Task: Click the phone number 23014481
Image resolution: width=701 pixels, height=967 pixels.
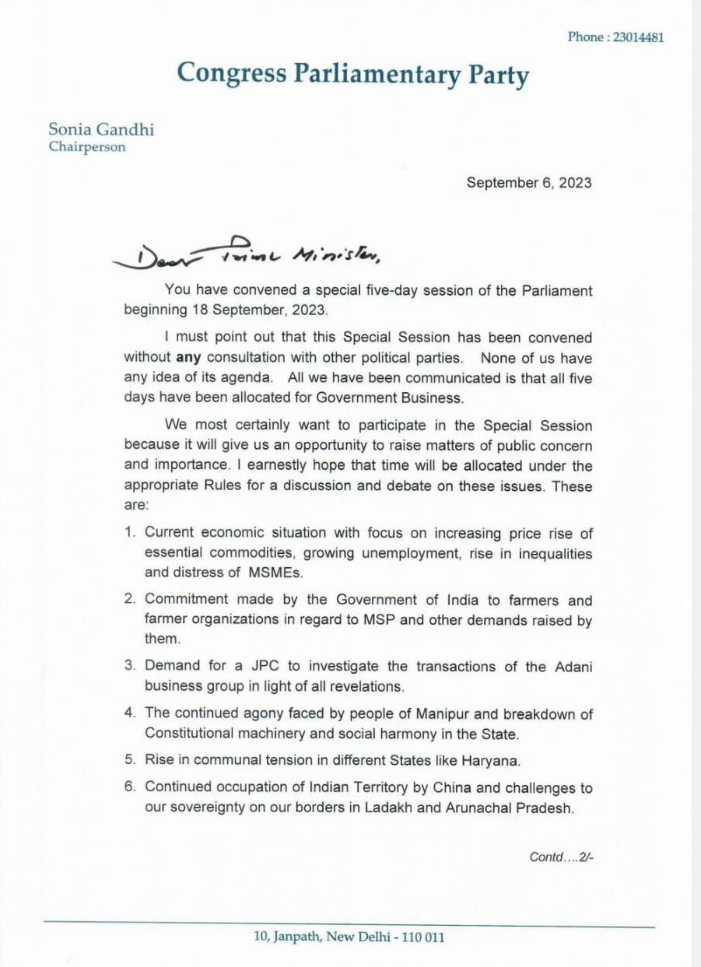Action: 638,37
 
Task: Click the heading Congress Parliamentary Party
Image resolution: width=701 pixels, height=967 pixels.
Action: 352,73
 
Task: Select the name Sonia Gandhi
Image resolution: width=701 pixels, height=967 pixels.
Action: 101,129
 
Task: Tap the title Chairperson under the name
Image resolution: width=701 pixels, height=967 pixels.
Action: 86,146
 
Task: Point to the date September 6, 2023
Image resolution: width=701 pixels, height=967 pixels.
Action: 528,184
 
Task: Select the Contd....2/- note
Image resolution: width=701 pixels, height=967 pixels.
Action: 561,857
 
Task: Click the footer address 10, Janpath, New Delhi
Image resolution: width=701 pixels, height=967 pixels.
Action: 349,937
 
